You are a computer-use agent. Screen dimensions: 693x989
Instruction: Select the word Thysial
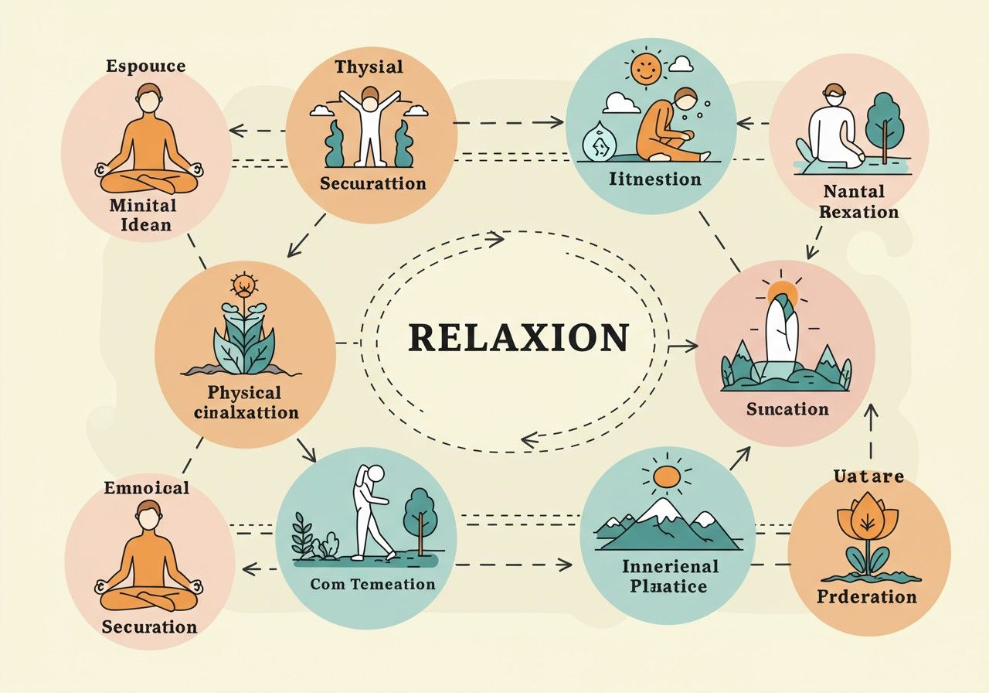[x=369, y=67]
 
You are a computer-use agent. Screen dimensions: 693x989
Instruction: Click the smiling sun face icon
[x=647, y=69]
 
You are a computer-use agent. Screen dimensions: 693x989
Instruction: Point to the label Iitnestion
[x=654, y=179]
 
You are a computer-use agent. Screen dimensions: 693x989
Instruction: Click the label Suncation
[x=787, y=409]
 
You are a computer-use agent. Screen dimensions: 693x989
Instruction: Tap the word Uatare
[x=868, y=476]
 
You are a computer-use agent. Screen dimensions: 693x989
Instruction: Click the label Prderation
[x=867, y=596]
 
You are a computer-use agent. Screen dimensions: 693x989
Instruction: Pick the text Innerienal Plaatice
[x=669, y=576]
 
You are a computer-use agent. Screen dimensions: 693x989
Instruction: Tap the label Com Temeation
[x=372, y=584]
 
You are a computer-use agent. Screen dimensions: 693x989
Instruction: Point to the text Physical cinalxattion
[x=246, y=402]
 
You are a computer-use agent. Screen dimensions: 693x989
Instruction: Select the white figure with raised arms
[x=369, y=124]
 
